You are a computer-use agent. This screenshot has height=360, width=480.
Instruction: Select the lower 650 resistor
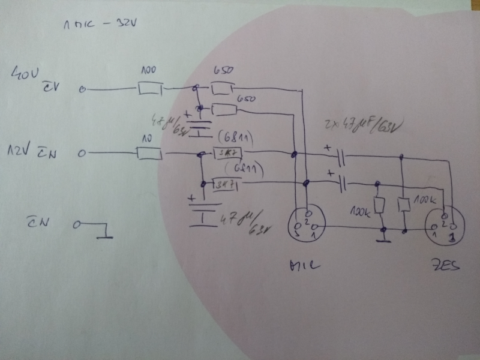tap(224, 109)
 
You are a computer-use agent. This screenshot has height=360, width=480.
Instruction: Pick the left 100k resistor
tap(379, 205)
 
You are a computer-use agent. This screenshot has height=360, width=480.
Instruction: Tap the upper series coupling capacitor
tap(340, 158)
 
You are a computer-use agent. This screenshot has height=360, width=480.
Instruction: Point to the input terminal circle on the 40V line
tap(83, 91)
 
